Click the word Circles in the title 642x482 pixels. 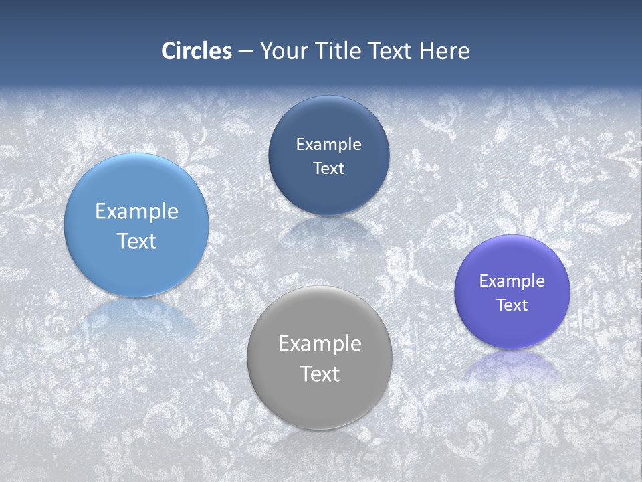click(197, 51)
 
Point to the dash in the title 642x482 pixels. click(245, 52)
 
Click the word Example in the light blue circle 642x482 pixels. click(136, 212)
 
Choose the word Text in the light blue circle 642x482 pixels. click(136, 241)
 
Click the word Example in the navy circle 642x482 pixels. click(328, 145)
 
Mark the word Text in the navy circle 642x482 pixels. click(328, 168)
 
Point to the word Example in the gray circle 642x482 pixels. click(320, 344)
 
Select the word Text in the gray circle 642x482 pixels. click(320, 374)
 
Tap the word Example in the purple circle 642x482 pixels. click(512, 281)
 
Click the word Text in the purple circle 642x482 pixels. click(512, 305)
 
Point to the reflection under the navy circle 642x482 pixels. click(328, 231)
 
